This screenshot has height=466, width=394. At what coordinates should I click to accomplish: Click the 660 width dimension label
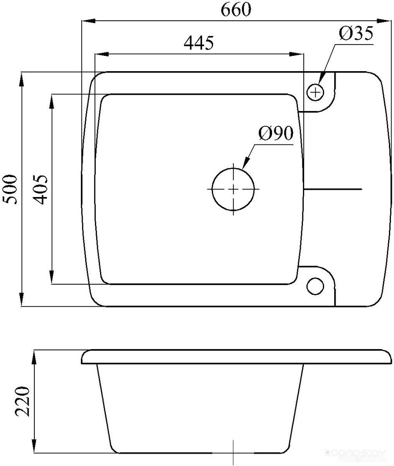[x=236, y=9]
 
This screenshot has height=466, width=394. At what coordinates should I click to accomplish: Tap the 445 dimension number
[x=199, y=43]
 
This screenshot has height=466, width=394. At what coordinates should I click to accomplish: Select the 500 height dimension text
[x=11, y=189]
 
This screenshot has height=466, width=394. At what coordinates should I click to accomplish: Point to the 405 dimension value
[x=40, y=189]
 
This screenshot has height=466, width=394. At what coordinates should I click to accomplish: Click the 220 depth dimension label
[x=23, y=402]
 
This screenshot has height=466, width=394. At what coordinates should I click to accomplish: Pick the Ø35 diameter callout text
[x=356, y=33]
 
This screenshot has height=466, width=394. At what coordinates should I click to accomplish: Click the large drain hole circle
[x=233, y=189]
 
